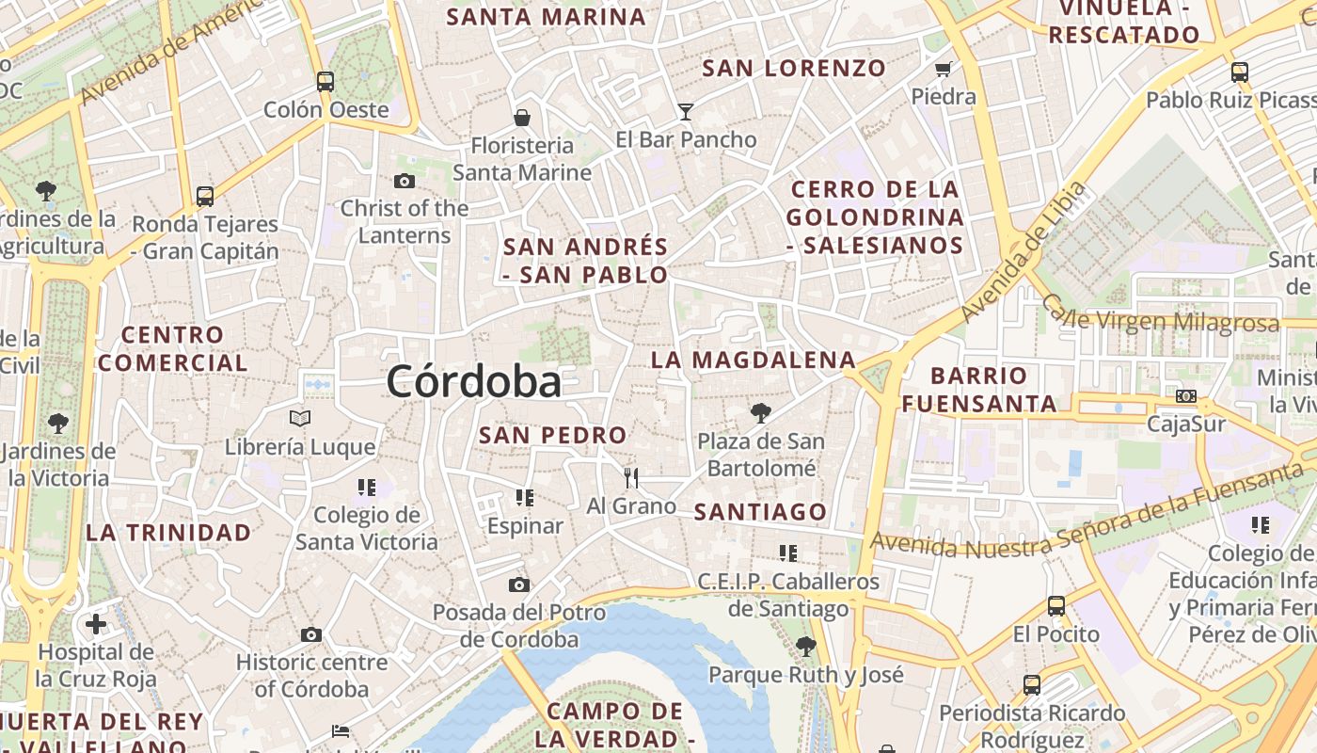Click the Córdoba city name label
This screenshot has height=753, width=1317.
point(474,381)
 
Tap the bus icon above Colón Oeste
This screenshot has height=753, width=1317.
point(325,82)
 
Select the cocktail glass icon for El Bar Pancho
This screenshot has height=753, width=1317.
point(685,112)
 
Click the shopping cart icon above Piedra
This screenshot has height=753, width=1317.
point(944,69)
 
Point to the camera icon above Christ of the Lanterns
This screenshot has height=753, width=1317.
point(405,181)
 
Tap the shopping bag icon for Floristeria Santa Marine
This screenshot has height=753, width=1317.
point(522,118)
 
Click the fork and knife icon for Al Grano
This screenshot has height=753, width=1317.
point(631,478)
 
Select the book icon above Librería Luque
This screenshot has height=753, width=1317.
point(300,418)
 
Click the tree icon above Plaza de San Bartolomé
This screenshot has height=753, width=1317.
point(760,412)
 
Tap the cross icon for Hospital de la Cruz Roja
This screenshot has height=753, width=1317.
point(96,623)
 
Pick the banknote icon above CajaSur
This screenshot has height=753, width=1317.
point(1186,396)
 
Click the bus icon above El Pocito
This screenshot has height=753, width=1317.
point(1056,606)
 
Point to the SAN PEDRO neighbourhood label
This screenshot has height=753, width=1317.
point(552,436)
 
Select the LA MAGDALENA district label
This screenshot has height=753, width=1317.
point(754,360)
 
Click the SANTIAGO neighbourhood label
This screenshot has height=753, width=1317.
point(760,512)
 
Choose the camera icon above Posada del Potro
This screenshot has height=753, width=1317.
point(519,585)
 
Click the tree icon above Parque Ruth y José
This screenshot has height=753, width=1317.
point(805,647)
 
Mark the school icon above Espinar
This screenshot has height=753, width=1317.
point(525,498)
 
